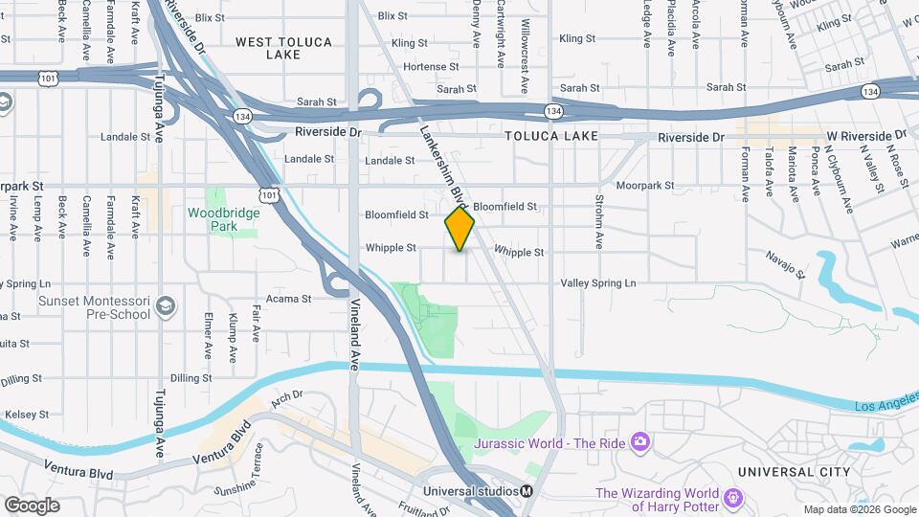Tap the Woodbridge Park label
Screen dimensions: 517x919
pyautogui.click(x=223, y=219)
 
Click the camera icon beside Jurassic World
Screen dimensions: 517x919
pyautogui.click(x=640, y=441)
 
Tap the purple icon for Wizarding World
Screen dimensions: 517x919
pyautogui.click(x=733, y=498)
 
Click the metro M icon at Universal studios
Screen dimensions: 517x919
pyautogui.click(x=527, y=492)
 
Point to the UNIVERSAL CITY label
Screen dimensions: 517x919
pyautogui.click(x=794, y=472)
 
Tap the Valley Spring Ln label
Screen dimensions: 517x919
pyautogui.click(x=598, y=283)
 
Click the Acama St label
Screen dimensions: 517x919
pyautogui.click(x=289, y=299)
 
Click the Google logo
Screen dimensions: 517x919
pyautogui.click(x=32, y=505)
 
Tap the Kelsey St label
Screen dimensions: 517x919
pyautogui.click(x=26, y=415)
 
